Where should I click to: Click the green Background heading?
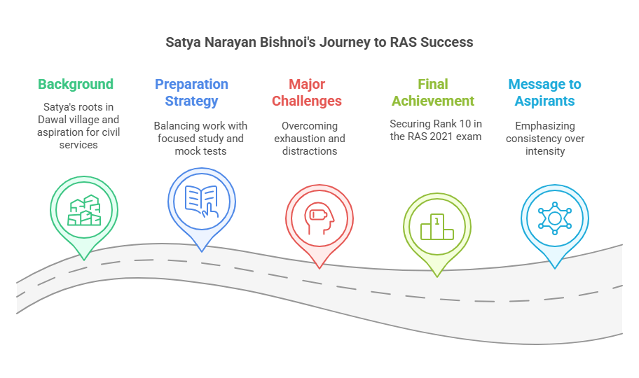tap(76, 84)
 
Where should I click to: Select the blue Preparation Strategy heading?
tap(191, 92)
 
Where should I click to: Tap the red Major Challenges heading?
tap(307, 92)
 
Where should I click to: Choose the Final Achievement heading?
tap(433, 92)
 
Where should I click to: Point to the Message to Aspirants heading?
tap(545, 92)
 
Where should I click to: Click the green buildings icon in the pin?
tap(84, 210)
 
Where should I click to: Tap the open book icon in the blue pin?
tap(201, 201)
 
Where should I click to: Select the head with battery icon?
tap(319, 218)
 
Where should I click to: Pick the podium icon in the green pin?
tap(437, 227)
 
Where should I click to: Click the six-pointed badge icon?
tap(555, 218)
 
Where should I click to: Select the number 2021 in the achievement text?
tap(441, 136)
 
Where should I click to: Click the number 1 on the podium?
tap(437, 221)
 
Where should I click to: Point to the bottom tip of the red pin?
tap(319, 268)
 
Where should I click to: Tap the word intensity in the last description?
tap(545, 151)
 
